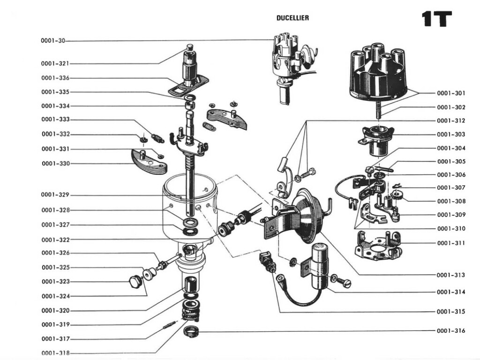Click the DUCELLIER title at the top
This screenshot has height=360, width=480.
(x=292, y=18)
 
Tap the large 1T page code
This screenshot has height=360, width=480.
(x=436, y=19)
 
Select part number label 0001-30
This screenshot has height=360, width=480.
(x=52, y=41)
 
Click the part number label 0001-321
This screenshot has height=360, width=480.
(x=55, y=63)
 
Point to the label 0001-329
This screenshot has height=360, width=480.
(x=55, y=195)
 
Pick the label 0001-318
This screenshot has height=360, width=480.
(x=55, y=353)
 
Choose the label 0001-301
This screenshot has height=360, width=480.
(x=451, y=93)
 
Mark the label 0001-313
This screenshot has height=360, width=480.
(x=451, y=275)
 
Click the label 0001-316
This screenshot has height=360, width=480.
(x=451, y=331)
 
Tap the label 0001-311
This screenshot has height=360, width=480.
(x=451, y=243)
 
